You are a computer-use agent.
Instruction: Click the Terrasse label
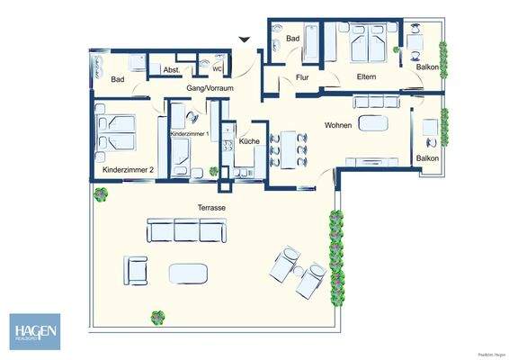click(x=210, y=207)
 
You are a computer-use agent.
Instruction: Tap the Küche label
click(x=251, y=141)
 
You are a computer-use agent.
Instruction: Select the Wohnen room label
click(x=339, y=126)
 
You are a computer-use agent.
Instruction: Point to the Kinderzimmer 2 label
click(x=128, y=169)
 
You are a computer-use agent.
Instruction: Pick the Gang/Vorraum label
click(x=209, y=89)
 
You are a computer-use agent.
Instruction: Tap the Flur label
click(x=302, y=78)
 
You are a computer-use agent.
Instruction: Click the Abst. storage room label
click(x=172, y=69)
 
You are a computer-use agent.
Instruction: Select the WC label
click(x=217, y=67)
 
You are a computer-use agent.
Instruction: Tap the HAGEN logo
click(x=35, y=330)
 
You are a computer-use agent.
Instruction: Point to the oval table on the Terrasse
click(x=188, y=271)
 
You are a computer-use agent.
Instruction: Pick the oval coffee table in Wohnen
click(x=371, y=123)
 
